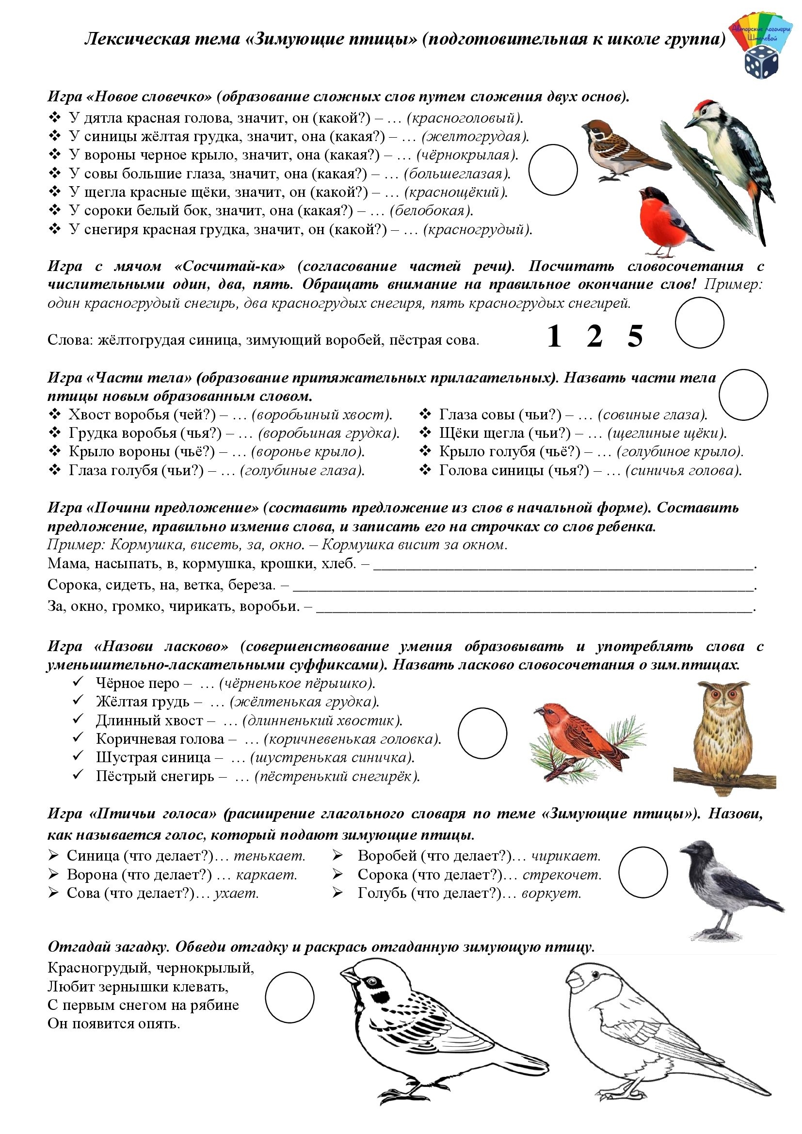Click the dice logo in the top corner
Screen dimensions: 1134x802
[x=760, y=62]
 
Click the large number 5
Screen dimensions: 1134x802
[x=635, y=337]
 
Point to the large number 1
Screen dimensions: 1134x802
[x=554, y=337]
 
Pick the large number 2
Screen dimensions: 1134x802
[x=594, y=337]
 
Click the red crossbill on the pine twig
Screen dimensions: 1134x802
[x=583, y=736]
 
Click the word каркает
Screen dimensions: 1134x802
[x=267, y=875]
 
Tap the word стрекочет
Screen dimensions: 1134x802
[x=562, y=875]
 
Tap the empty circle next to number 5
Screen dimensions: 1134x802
[x=699, y=322]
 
